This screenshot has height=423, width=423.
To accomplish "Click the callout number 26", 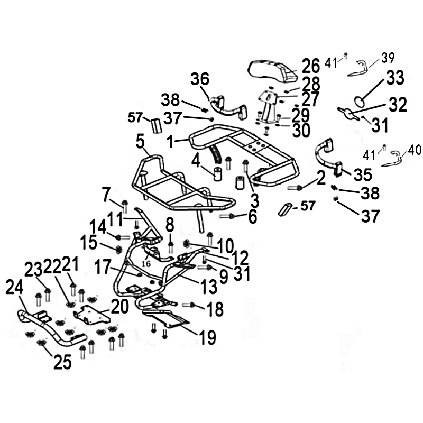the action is (311, 66).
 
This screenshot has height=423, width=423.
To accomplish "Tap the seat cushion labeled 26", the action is (273, 71).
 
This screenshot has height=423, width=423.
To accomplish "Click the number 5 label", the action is (140, 142).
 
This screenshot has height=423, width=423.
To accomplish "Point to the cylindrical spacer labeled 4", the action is (218, 174).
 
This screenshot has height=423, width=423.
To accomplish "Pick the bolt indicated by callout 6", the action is (226, 216).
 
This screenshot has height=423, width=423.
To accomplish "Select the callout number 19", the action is (208, 337).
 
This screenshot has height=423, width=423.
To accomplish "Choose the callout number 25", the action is (62, 362).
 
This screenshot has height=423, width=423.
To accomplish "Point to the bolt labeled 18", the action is (189, 305).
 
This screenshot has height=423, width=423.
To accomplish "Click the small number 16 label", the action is (146, 263).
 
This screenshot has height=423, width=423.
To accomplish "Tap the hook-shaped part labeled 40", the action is (392, 159).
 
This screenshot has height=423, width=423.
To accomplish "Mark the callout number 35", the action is (363, 174).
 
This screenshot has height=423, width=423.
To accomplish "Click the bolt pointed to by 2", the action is (295, 188).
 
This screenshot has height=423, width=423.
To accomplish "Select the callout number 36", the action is (200, 79).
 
